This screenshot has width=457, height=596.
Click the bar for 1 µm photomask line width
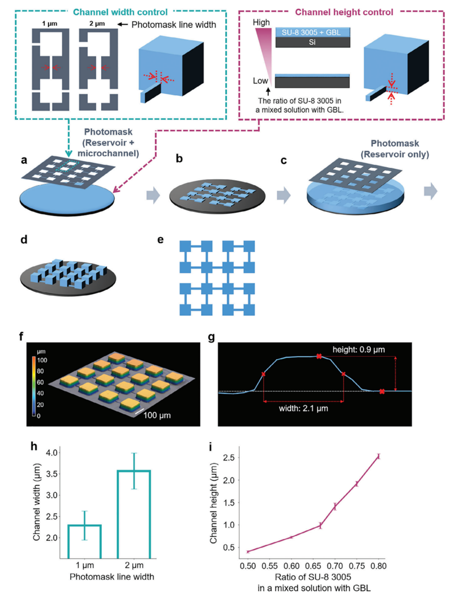pos(85,541)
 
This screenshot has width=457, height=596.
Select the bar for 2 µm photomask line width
pos(134,515)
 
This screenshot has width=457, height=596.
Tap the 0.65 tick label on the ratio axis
pos(313,566)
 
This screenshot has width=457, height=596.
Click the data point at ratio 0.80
pos(379,456)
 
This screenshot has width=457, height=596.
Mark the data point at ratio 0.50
pos(248,552)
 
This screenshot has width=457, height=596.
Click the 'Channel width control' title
pos(120,12)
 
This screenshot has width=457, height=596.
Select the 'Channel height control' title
pos(344,12)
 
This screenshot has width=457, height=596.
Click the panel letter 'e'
pos(160,239)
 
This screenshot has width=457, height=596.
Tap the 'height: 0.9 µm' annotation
pos(358,350)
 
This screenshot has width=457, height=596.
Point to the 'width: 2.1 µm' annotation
pos(303,408)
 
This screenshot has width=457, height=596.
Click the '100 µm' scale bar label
pos(157,415)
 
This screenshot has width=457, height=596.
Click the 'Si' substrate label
pos(312,43)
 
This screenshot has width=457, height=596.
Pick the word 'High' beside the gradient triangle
pos(261,22)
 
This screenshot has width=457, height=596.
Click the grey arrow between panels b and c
pos(284,195)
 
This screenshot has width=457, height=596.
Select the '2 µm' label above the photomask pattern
pos(97,23)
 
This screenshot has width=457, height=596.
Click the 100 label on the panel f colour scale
pos(42,360)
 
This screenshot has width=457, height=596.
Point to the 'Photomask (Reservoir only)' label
pos(395,149)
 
